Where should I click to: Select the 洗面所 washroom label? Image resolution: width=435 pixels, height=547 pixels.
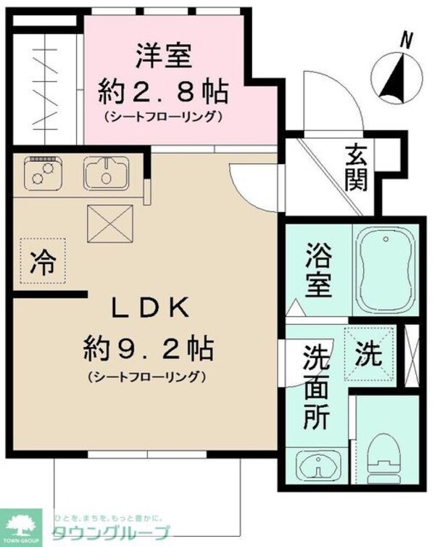(317, 386)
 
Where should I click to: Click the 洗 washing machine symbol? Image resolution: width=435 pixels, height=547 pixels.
(368, 355)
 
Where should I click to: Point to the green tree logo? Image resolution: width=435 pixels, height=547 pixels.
(25, 524)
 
